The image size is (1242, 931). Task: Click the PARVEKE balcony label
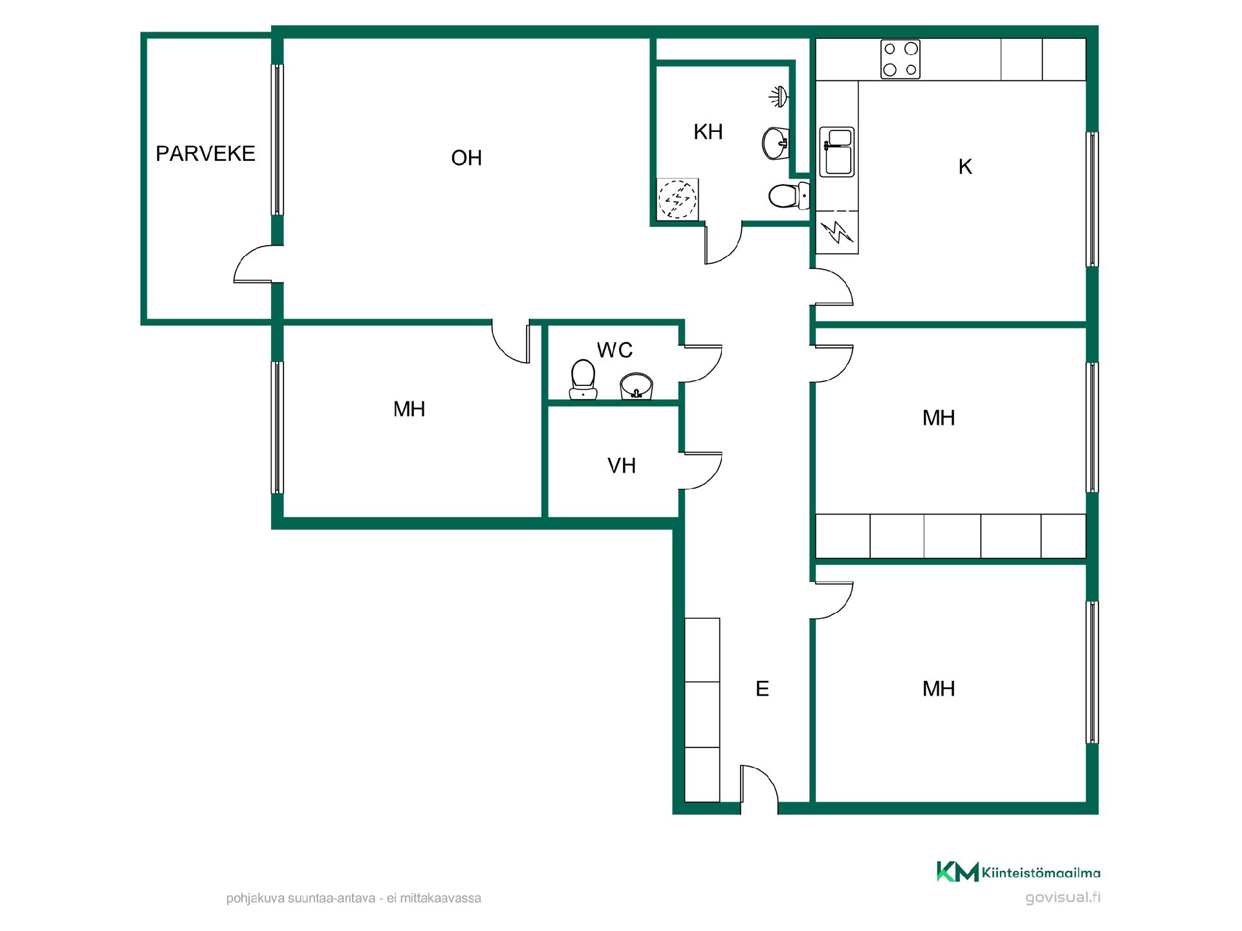[x=206, y=154]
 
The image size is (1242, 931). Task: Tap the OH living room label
[x=466, y=158]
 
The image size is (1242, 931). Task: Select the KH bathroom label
[x=708, y=132]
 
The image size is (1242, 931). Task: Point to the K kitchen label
[x=965, y=167]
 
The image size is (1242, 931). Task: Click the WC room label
[x=615, y=350]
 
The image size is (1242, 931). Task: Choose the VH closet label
[x=622, y=465]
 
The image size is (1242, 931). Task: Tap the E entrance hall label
[x=762, y=689]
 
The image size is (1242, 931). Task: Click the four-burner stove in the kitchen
[x=900, y=59]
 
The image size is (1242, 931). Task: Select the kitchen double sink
[x=837, y=152]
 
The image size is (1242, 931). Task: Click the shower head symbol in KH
[x=778, y=96]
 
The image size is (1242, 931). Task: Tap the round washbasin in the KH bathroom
[x=776, y=143]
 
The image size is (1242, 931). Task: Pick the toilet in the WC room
[x=583, y=380]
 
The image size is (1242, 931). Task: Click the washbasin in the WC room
[x=637, y=386]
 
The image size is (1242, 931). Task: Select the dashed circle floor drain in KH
[x=677, y=198]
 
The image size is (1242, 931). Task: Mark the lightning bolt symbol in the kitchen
[x=837, y=232]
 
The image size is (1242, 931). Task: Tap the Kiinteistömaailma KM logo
[x=1018, y=872]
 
